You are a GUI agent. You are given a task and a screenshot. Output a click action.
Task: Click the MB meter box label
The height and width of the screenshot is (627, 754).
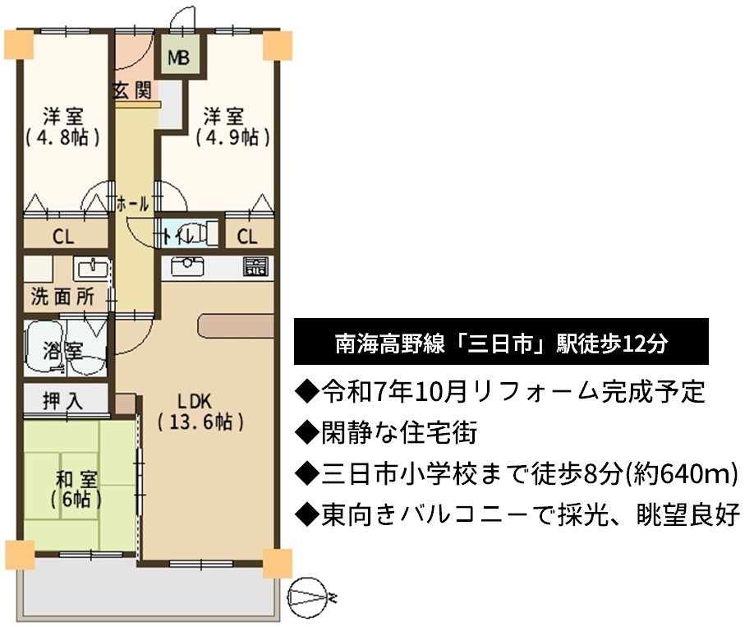coord(178,58)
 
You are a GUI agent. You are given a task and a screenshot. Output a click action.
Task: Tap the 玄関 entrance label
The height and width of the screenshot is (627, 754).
coord(132,90)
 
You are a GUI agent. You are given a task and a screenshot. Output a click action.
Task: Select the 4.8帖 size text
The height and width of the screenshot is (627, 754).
coord(63,137)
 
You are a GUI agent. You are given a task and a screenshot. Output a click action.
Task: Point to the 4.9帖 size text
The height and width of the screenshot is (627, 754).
coord(232,137)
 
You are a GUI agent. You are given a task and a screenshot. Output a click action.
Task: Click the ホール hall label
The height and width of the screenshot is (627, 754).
coord(133,204)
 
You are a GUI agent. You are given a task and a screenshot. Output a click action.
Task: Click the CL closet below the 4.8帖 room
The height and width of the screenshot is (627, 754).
coord(63,237)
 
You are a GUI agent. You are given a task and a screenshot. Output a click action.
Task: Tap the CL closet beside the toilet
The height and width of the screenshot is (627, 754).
coord(247,237)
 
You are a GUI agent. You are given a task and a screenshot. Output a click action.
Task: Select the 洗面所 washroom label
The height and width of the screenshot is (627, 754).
coord(63,297)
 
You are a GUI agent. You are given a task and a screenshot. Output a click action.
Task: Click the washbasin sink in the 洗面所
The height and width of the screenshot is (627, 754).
coord(91,268)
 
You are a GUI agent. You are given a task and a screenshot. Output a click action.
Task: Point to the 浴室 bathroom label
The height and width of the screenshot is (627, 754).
coord(63,350)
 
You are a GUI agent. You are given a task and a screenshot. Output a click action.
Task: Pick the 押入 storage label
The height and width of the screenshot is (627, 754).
coord(63,400)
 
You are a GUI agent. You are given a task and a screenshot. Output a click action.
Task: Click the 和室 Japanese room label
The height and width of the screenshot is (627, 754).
coord(76,479)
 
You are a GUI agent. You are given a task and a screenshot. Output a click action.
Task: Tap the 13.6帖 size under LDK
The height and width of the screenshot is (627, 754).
coord(200,422)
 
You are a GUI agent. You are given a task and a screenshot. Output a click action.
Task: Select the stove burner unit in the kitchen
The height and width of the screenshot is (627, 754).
coord(255,266)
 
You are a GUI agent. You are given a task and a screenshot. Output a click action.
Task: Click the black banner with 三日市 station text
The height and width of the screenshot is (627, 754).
coord(501,341)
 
